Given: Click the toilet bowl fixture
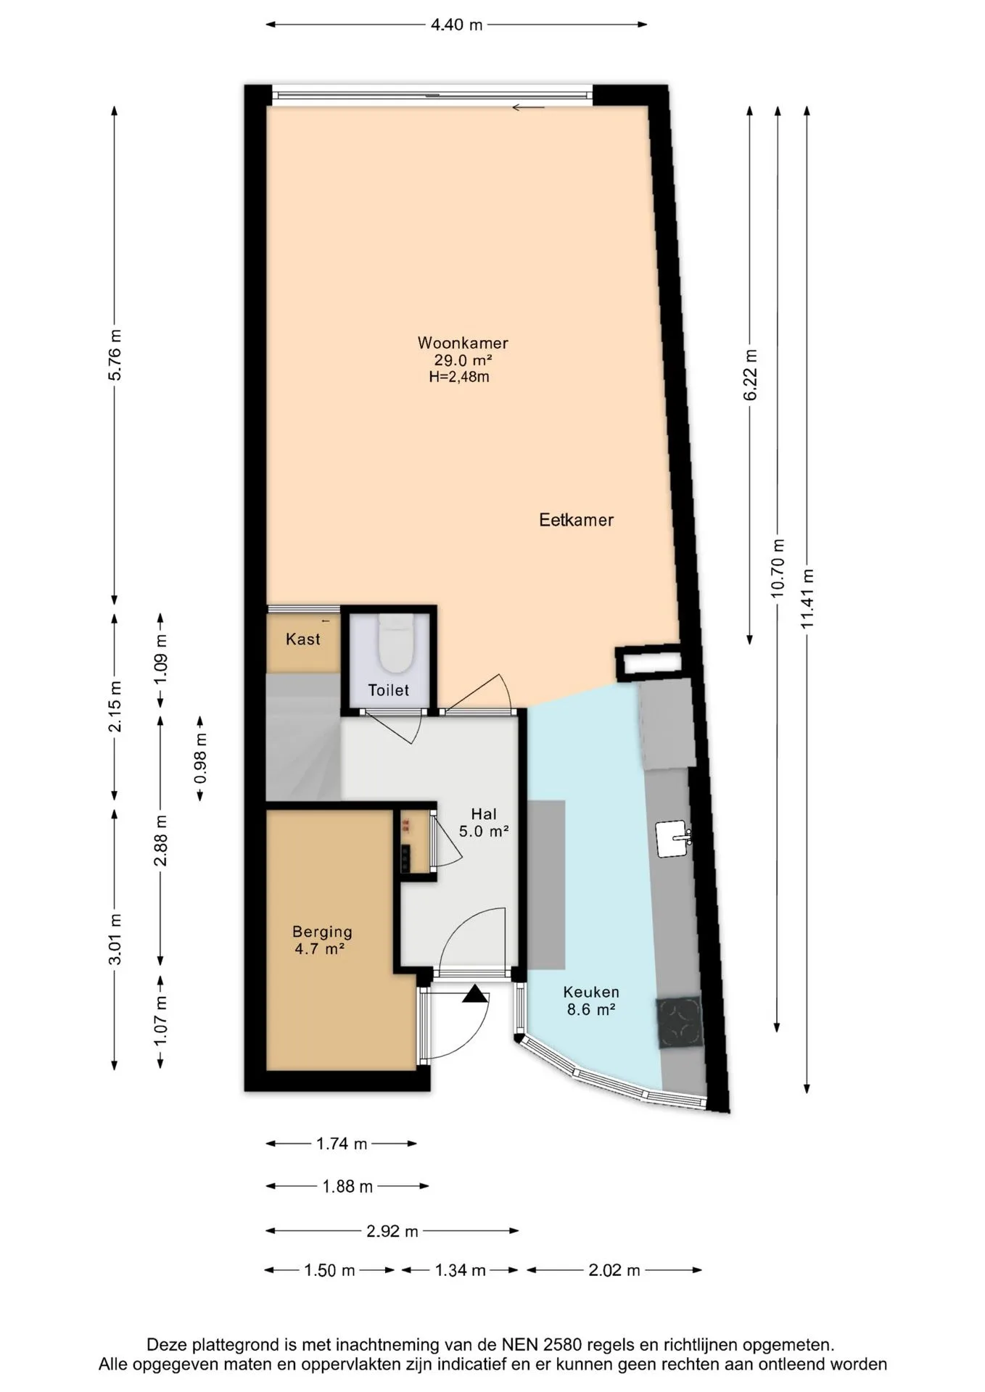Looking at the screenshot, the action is click(396, 642).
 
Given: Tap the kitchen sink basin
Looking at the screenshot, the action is click(672, 839).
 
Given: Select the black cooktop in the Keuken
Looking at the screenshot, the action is click(680, 1023).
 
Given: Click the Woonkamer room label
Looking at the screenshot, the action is click(463, 343).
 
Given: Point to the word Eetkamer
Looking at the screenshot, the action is click(577, 520).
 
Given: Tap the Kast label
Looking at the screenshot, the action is click(303, 639).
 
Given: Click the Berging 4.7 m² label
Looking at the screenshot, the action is click(322, 940).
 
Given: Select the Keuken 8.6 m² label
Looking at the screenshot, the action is click(591, 1000).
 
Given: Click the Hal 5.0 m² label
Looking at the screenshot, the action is click(484, 823).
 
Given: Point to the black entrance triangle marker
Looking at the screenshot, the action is click(475, 994).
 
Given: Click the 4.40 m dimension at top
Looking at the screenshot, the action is click(457, 25).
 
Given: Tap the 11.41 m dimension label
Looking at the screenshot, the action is click(807, 599).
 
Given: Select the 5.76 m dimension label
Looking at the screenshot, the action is click(115, 355).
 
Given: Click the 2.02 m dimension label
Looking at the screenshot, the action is click(614, 1270).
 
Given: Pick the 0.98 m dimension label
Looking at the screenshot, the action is click(201, 758).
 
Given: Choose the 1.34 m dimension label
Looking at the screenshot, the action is click(460, 1270).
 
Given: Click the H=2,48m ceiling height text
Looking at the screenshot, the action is click(459, 377).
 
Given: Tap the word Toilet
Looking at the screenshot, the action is click(388, 690).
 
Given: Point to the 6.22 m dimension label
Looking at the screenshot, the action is click(751, 374).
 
